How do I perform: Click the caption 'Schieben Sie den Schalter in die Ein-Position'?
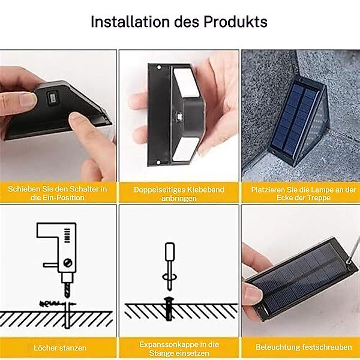58,193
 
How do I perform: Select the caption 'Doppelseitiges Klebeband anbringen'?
179,193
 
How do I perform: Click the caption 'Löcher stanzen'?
60,347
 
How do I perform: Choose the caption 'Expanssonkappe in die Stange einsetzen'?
179,348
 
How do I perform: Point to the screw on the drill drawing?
70,262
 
